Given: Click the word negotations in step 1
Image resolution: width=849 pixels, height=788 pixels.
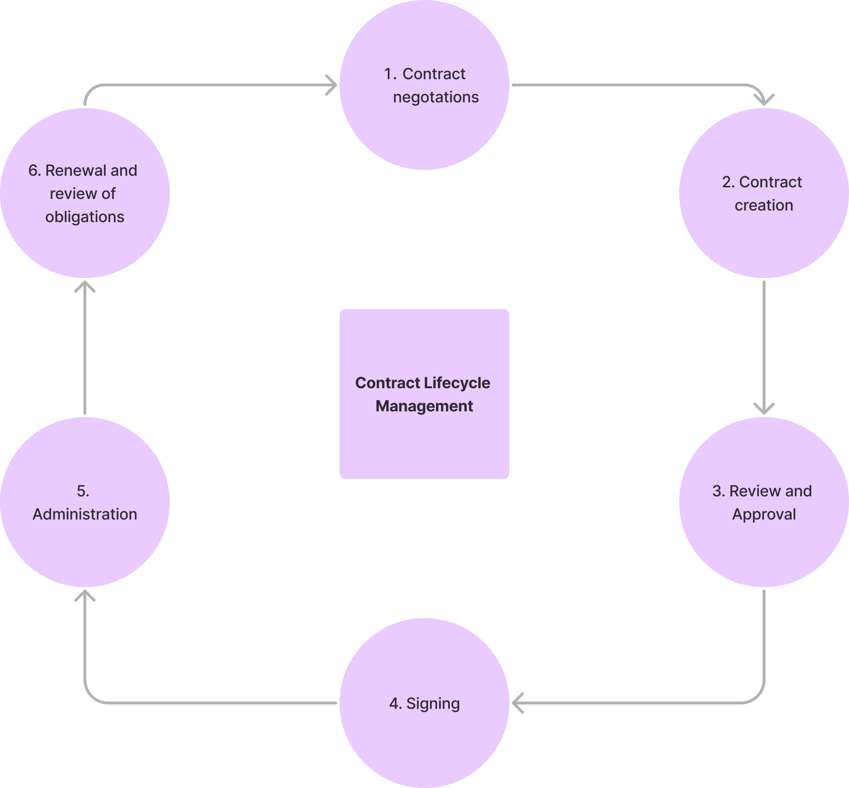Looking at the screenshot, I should tap(436, 97).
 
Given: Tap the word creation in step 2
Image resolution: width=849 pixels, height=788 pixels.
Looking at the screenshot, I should tap(764, 205).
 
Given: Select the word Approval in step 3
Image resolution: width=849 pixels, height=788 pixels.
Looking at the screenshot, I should tap(764, 514).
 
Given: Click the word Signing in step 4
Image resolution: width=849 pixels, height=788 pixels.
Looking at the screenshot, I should tap(433, 704).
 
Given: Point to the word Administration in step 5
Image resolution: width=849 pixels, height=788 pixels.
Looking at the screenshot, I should tap(85, 514).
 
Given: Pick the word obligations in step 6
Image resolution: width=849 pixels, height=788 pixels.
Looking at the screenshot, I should tap(85, 217).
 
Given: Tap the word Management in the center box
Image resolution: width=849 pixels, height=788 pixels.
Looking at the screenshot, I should tap(424, 406).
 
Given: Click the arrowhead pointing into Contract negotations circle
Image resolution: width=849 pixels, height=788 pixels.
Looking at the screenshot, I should tap(332, 85).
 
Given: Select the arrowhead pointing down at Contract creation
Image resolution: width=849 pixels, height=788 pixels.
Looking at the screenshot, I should tap(764, 99).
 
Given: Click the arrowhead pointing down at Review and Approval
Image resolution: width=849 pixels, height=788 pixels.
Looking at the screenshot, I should tap(764, 408).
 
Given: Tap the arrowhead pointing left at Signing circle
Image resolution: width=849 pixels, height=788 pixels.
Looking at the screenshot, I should tap(517, 703).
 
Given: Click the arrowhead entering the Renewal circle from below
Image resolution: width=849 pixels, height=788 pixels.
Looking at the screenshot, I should tap(85, 287).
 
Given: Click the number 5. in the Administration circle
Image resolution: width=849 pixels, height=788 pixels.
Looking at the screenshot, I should tap(83, 491).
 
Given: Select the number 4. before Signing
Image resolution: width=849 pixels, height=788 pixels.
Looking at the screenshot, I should tap(396, 704).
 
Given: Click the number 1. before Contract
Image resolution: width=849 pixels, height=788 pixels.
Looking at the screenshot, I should tap(390, 74).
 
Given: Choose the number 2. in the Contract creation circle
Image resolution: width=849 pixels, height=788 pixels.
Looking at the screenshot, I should tap(728, 182).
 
